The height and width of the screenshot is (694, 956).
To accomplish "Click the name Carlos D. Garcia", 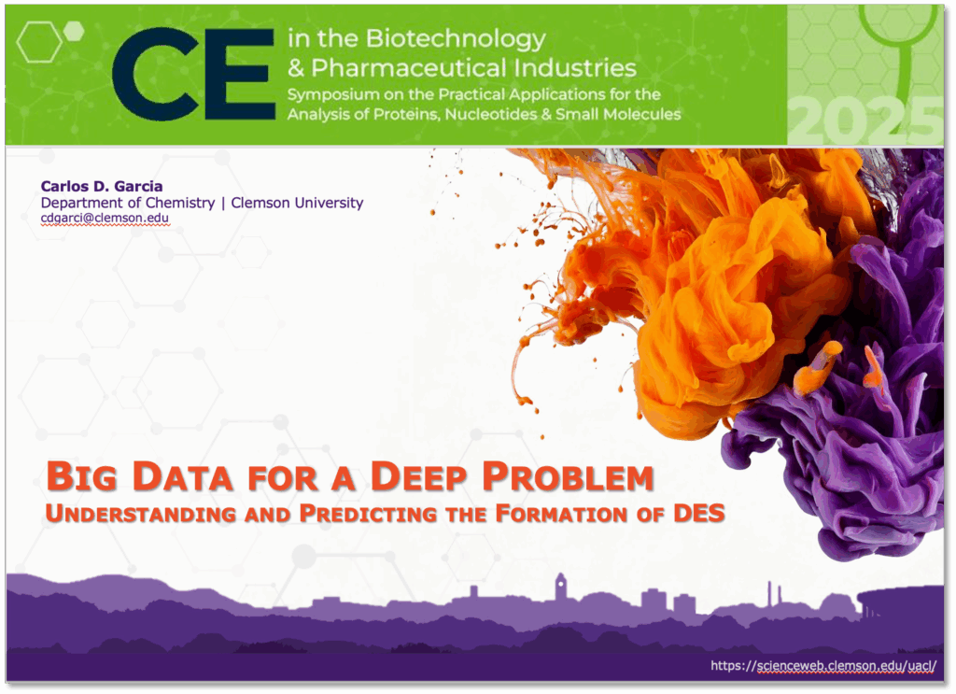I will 102,187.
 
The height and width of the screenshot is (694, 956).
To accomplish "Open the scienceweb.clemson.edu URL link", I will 822,666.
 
